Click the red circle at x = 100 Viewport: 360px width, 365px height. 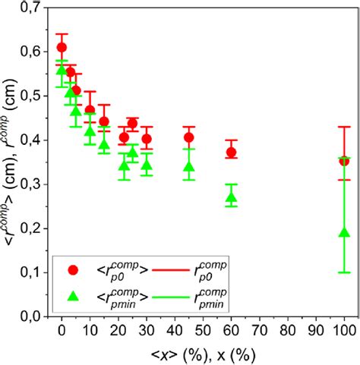[344, 161]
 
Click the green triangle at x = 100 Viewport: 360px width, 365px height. [344, 231]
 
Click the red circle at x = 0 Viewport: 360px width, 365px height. [62, 47]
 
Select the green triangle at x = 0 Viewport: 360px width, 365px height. [62, 70]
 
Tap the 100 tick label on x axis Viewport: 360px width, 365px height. [344, 332]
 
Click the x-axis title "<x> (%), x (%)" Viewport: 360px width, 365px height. [203, 354]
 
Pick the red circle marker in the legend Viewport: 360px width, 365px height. [74, 269]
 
